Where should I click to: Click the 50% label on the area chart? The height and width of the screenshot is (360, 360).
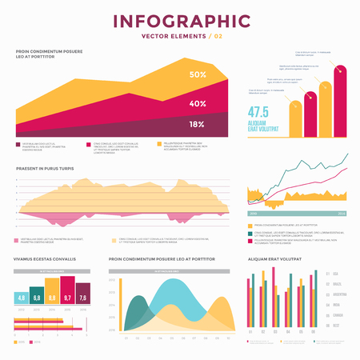pyautogui.click(x=198, y=75)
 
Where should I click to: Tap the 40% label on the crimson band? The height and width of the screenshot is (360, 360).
pyautogui.click(x=198, y=104)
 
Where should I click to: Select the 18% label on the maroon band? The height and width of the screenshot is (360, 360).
pyautogui.click(x=197, y=124)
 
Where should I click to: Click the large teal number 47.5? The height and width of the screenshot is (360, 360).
pyautogui.click(x=258, y=113)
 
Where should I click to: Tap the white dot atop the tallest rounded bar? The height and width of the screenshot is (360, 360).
pyautogui.click(x=342, y=70)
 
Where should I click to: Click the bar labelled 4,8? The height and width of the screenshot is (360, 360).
pyautogui.click(x=21, y=298)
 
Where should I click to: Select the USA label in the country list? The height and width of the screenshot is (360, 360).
pyautogui.click(x=335, y=274)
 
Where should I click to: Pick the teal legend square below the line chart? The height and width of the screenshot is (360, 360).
pyautogui.click(x=250, y=233)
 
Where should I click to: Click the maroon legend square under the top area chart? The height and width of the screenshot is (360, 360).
pyautogui.click(x=18, y=145)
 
